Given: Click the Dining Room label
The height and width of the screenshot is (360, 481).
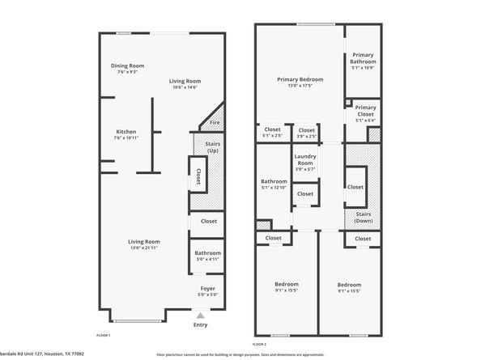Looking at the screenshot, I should point(126,66).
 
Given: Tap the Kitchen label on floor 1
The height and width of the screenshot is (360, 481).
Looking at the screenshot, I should point(126,132).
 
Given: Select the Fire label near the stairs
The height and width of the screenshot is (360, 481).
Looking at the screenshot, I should point(215,123).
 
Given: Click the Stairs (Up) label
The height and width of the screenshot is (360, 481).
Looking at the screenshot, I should point(214,146).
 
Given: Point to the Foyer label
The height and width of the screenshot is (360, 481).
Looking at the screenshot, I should point(208,288).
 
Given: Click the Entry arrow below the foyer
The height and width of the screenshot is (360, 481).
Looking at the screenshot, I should point(200,315).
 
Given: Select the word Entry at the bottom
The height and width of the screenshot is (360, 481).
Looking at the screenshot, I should point(200,325).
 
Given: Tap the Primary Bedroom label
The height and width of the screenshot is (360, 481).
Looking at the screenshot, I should point(300,79).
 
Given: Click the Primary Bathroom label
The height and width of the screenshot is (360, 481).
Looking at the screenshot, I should point(363,58).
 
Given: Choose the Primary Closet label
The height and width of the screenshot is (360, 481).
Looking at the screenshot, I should point(365,111).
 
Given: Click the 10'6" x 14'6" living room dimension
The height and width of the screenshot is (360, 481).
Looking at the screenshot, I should point(185,87).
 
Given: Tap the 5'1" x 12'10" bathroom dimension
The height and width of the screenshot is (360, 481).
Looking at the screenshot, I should point(274,188).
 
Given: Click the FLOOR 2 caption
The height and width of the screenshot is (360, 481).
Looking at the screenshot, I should point(259,335).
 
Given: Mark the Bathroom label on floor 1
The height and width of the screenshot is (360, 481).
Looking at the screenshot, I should point(207,253).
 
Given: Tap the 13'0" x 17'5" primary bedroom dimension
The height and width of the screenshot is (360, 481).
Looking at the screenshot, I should point(300,86).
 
